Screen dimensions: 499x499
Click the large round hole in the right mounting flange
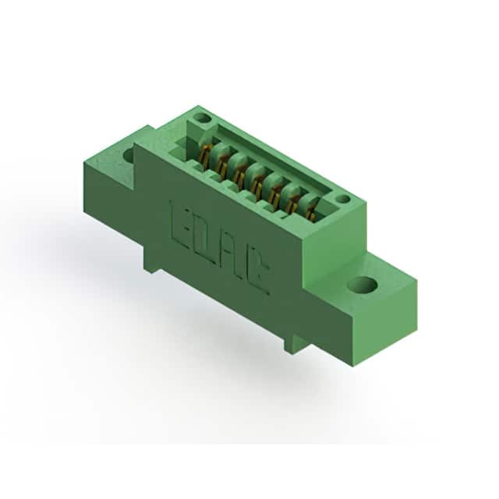click(363, 285)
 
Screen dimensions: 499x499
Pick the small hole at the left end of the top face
click(202, 119)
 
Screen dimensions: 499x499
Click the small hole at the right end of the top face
click(343, 200)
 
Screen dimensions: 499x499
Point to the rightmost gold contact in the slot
click(312, 210)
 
